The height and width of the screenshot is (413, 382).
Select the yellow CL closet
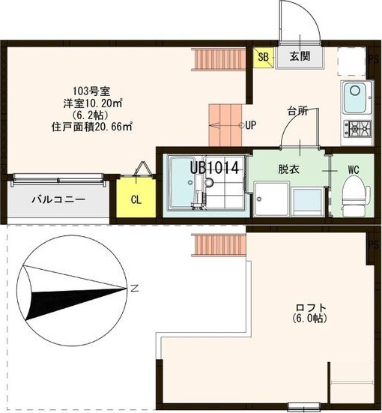[x=136, y=199]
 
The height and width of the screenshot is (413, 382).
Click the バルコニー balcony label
[x=58, y=200]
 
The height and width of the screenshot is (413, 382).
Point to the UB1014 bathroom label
[x=214, y=168]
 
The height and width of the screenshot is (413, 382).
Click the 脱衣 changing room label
[x=288, y=169]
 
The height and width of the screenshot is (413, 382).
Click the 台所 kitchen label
[x=297, y=111]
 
